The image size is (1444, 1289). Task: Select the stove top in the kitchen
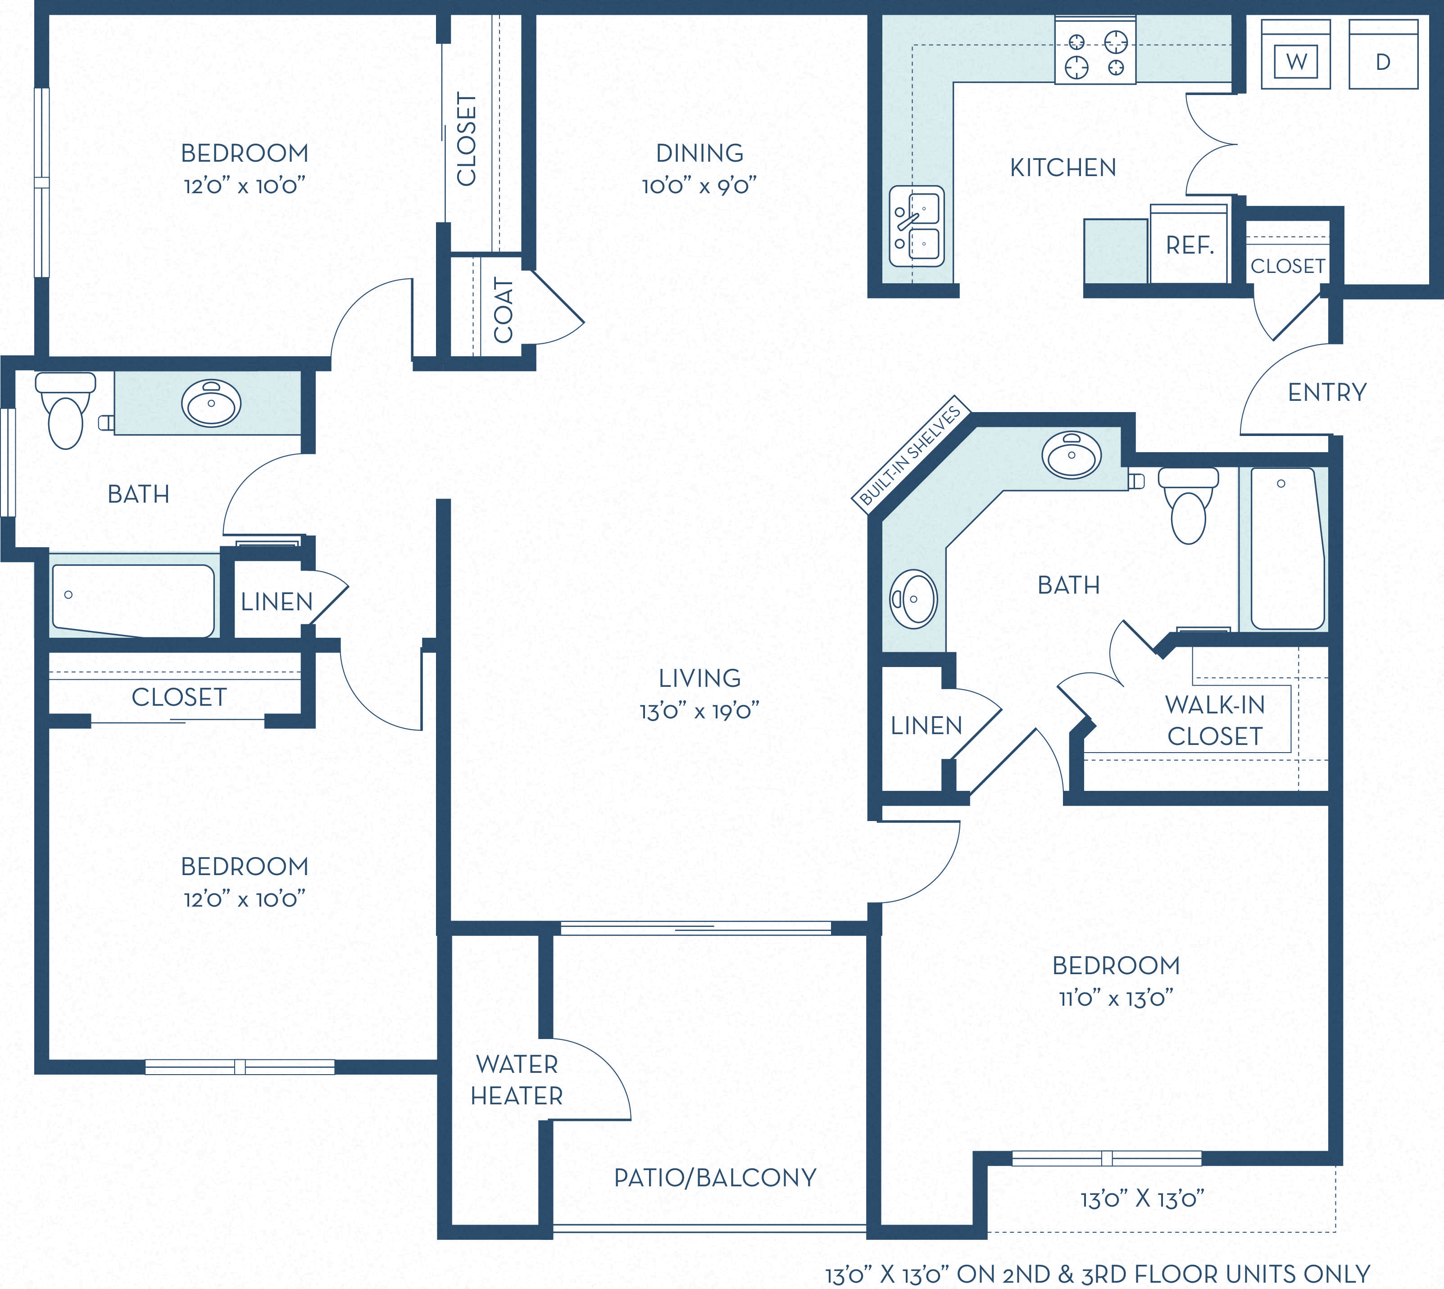[x=1095, y=54]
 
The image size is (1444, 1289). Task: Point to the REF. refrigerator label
[x=1190, y=246]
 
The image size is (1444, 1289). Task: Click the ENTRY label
[x=1326, y=392]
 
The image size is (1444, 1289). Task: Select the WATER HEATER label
[x=517, y=1080]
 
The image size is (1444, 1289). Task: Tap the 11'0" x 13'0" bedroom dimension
[x=1116, y=999]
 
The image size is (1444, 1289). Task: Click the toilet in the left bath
[x=65, y=413]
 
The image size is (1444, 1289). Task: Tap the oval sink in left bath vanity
[x=211, y=403]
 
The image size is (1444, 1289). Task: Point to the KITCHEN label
[x=1063, y=168]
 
